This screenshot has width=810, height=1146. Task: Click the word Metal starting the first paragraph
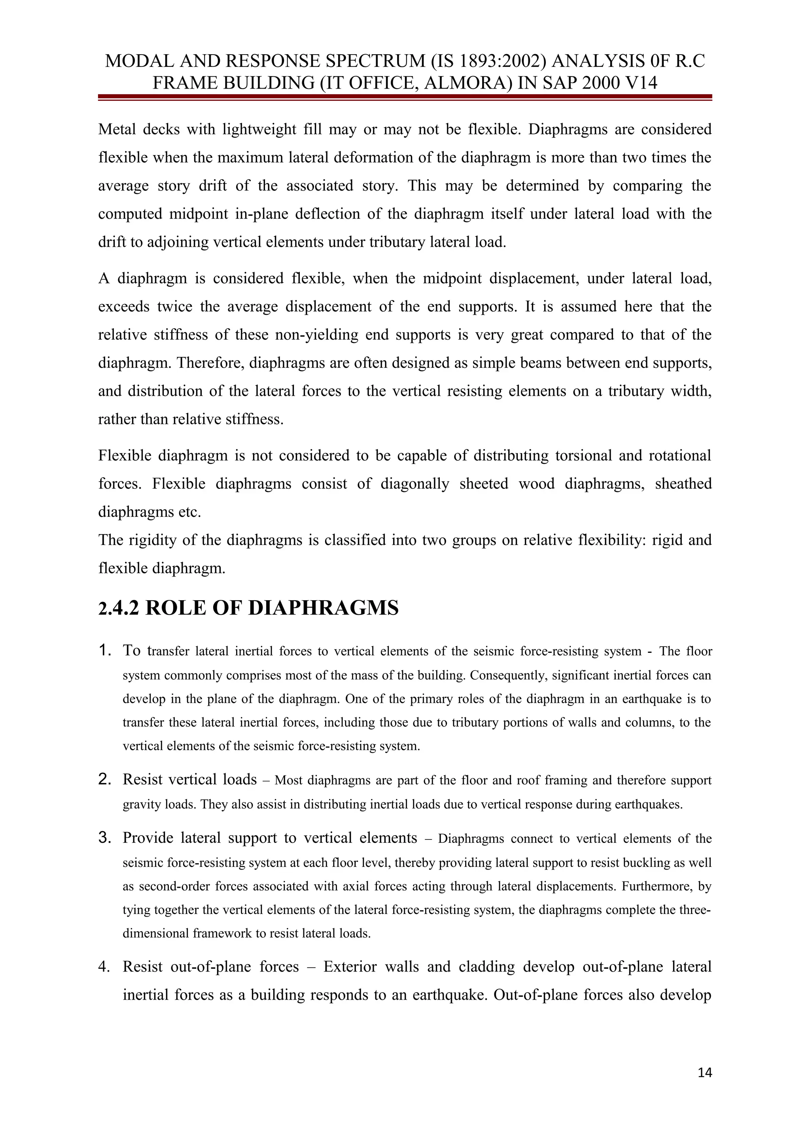(x=117, y=129)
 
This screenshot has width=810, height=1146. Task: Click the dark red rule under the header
(x=405, y=97)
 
